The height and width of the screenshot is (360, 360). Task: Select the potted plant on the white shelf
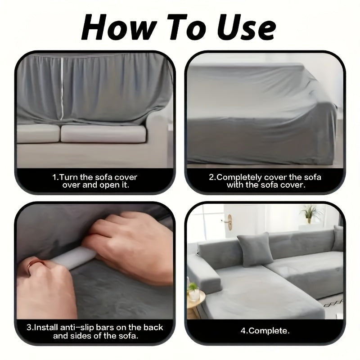pyautogui.click(x=310, y=213)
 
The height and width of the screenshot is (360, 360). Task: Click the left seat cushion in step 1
pyautogui.click(x=38, y=134)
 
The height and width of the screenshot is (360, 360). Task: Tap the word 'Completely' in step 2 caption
pyautogui.click(x=240, y=177)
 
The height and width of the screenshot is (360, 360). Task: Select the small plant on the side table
pyautogui.click(x=193, y=288)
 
